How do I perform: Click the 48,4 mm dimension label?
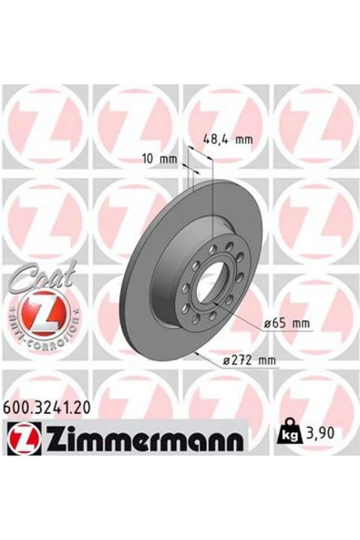[228, 140]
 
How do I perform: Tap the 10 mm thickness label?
[159, 159]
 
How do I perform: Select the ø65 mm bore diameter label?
[287, 324]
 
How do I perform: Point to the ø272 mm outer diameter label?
[250, 360]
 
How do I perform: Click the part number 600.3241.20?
[47, 408]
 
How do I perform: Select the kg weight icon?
[290, 431]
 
